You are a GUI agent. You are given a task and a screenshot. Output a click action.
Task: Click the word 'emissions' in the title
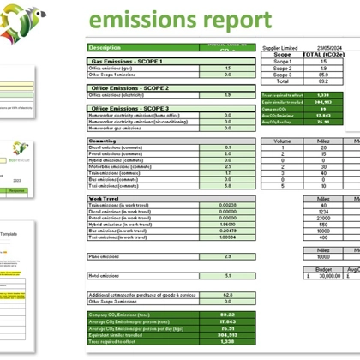[142, 20]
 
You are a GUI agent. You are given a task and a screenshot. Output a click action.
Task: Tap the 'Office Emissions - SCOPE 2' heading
[129, 87]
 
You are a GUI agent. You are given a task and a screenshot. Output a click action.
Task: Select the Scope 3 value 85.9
[323, 75]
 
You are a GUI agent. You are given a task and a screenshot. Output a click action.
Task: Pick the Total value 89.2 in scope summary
[323, 81]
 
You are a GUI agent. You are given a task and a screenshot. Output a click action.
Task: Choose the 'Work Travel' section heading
[104, 198]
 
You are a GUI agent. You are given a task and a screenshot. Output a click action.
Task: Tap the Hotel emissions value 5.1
[227, 275]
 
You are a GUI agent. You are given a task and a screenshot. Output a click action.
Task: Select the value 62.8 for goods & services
[227, 294]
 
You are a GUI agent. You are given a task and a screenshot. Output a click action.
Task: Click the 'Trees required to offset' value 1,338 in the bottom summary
[227, 340]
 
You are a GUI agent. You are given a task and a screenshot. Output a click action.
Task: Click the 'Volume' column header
[281, 141]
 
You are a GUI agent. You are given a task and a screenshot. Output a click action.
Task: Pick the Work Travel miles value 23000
[323, 218]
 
